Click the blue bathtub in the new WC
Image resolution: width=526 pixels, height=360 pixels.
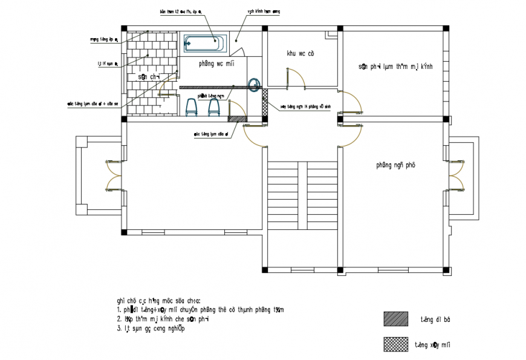[204, 43]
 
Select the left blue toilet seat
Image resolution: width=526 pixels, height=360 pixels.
[192, 106]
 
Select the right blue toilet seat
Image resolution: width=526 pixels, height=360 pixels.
[213, 106]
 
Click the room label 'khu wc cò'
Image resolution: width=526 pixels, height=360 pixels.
[300, 54]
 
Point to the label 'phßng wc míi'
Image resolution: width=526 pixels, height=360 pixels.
[216, 63]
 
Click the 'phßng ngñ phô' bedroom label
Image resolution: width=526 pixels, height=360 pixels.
[395, 165]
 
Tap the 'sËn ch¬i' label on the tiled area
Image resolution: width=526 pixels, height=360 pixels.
[148, 77]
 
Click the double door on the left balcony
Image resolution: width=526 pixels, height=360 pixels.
[113, 175]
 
